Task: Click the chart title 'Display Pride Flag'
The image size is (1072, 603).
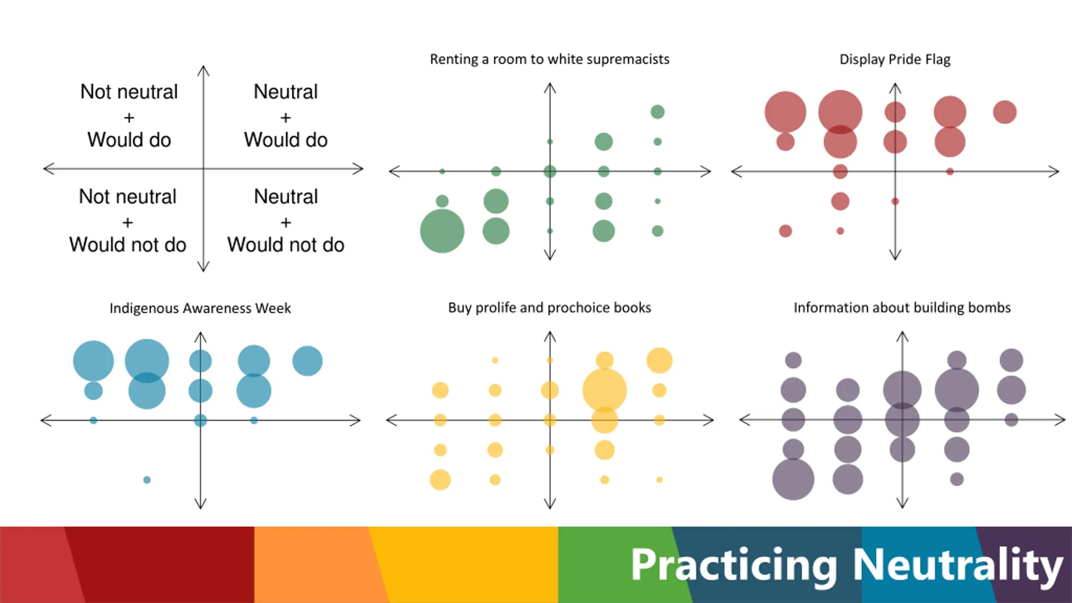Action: point(895,59)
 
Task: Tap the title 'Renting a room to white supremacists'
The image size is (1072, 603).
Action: point(549,59)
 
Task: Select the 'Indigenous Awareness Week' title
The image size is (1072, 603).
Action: point(200,308)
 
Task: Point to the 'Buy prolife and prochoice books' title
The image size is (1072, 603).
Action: point(549,308)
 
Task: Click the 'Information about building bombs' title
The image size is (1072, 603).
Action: point(902,308)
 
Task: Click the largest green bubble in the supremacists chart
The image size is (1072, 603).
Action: point(442,231)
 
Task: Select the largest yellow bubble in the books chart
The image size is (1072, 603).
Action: point(604,390)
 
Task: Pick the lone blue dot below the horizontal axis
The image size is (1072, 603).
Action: point(147,480)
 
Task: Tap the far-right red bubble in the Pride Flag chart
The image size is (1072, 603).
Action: point(1005,112)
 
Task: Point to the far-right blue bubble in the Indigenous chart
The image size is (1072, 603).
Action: point(307,361)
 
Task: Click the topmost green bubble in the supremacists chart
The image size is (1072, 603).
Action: point(657,112)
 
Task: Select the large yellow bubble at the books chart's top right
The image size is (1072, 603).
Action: point(660,360)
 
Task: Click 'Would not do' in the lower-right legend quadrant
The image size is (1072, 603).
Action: point(286,245)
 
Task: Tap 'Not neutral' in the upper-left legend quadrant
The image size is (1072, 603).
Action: point(129,92)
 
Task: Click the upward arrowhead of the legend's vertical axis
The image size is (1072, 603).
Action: point(204,70)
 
